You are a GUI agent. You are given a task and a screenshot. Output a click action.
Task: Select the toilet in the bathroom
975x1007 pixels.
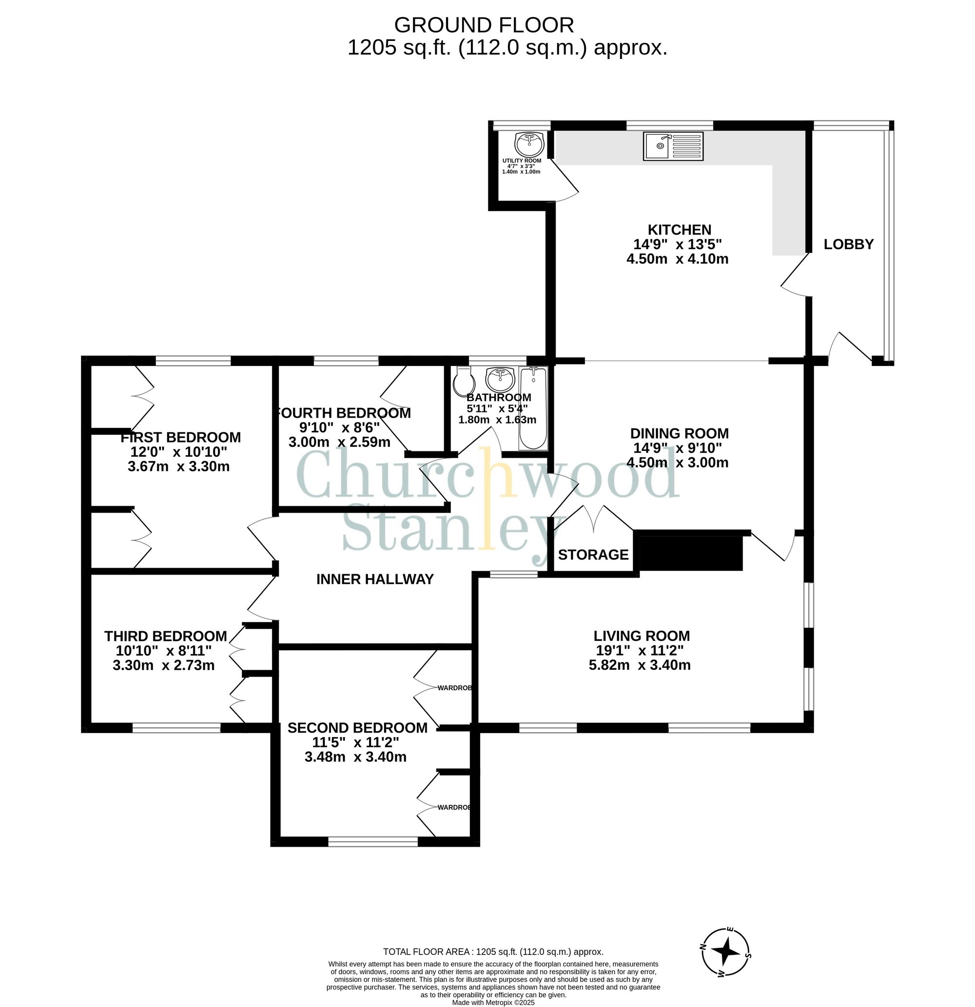click(464, 380)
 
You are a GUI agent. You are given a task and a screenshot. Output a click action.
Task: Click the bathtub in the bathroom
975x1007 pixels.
click(533, 408)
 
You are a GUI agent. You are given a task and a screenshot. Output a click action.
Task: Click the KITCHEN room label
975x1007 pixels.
click(679, 230)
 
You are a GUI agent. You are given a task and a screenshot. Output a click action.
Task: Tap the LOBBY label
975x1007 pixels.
click(848, 244)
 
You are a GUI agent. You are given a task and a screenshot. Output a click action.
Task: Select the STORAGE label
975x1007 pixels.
click(593, 554)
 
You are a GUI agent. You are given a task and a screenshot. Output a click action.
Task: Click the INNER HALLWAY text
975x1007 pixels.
click(375, 579)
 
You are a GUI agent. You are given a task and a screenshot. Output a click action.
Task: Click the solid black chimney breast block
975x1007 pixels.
click(690, 553)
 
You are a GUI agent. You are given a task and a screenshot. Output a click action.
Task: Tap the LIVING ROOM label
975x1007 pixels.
click(642, 636)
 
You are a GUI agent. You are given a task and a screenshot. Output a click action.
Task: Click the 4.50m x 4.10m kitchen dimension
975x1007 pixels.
click(677, 258)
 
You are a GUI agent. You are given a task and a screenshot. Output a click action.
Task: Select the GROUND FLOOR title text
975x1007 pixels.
click(484, 25)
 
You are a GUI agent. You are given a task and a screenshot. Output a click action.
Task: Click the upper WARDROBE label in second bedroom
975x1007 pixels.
click(454, 687)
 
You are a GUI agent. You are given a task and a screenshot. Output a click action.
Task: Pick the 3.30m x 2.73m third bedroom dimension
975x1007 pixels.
click(163, 665)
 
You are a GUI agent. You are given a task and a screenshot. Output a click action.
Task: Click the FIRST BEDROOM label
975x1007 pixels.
click(180, 437)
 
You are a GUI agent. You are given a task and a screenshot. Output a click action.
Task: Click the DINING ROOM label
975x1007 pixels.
click(679, 433)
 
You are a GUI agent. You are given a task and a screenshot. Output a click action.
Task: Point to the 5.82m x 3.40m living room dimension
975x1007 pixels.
click(640, 665)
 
